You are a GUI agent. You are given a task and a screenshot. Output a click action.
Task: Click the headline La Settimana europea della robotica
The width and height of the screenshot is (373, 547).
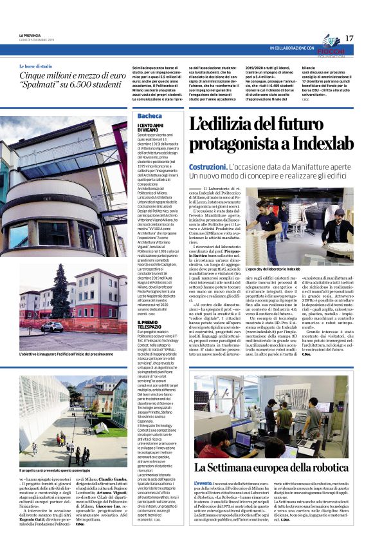pos(271,466)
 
